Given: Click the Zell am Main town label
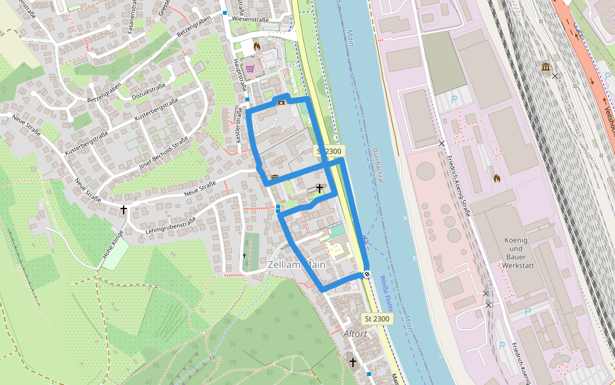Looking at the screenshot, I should tap(297, 265).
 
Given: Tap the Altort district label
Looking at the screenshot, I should tap(356, 334).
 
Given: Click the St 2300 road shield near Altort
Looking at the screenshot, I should tap(377, 319).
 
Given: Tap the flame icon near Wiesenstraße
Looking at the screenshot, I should tap(258, 46).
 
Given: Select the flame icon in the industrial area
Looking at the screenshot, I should tap(496, 178).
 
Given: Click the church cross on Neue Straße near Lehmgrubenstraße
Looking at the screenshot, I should tap(124, 210).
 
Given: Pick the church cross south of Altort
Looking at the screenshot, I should tap(352, 363).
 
